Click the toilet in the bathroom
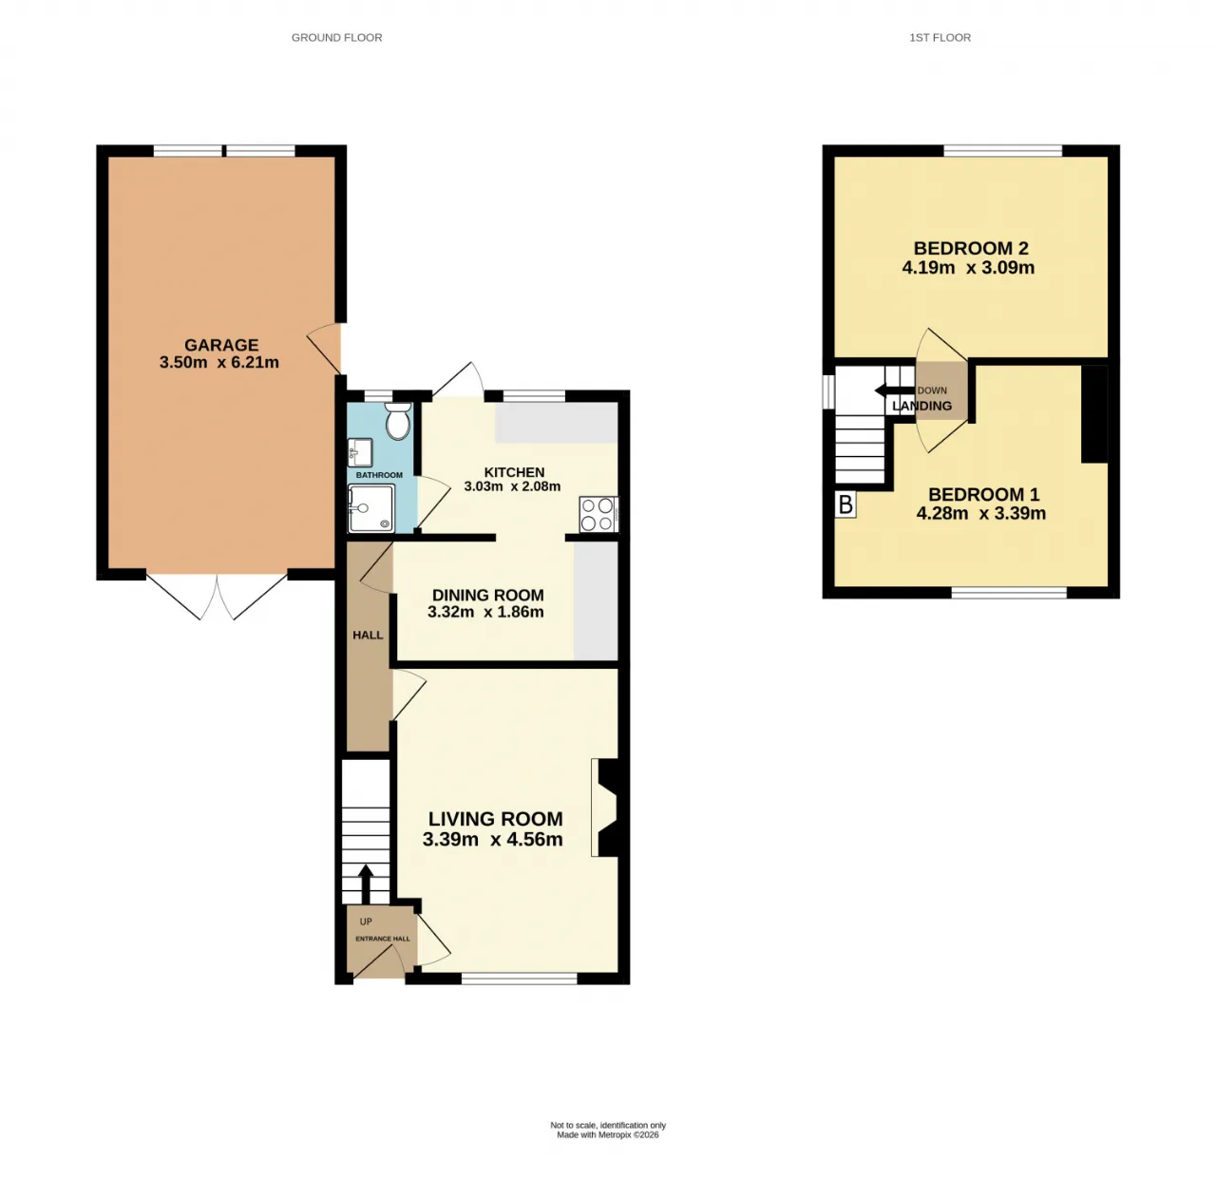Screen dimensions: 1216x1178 click(x=397, y=420)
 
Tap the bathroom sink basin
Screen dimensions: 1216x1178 click(x=360, y=452)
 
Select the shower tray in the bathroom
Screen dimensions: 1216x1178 click(x=371, y=509)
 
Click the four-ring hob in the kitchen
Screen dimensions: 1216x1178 click(x=598, y=514)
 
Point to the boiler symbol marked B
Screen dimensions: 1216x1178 click(x=845, y=504)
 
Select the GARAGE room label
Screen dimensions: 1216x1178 click(x=221, y=345)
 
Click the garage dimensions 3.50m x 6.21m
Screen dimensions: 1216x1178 click(x=219, y=363)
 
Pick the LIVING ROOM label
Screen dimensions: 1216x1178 click(x=496, y=819)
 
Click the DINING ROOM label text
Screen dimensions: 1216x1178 click(x=488, y=595)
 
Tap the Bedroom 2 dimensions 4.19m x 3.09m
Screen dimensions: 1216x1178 click(x=968, y=268)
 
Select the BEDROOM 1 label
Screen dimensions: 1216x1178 click(x=983, y=494)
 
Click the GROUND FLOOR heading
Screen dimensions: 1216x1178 click(x=337, y=37)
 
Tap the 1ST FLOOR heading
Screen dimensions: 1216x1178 click(x=940, y=37)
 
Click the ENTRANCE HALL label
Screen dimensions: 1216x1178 click(x=383, y=939)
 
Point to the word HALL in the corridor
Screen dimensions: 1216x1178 click(x=368, y=636)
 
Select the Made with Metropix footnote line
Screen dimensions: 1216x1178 click(x=607, y=1134)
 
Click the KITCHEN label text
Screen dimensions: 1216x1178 click(x=514, y=472)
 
